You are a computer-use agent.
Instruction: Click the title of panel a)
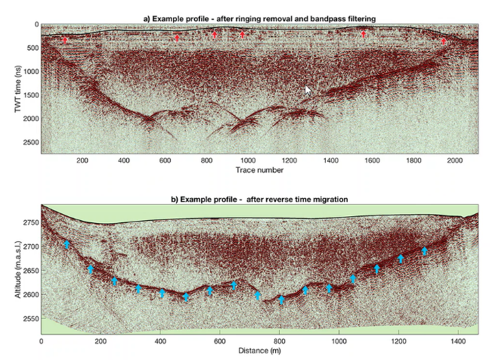coord(259,18)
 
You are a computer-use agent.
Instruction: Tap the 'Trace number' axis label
coord(259,170)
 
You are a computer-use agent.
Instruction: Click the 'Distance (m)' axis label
coord(259,350)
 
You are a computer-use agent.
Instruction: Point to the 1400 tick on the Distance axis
coord(458,341)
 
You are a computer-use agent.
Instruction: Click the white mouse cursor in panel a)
coord(308,90)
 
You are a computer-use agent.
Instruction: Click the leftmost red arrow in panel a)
coord(65,41)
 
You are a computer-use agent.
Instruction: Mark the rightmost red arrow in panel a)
coord(443,42)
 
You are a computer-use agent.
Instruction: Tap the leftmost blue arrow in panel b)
coord(67,244)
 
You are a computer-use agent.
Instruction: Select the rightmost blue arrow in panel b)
coord(424,251)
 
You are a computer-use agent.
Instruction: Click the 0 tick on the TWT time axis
coord(35,24)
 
